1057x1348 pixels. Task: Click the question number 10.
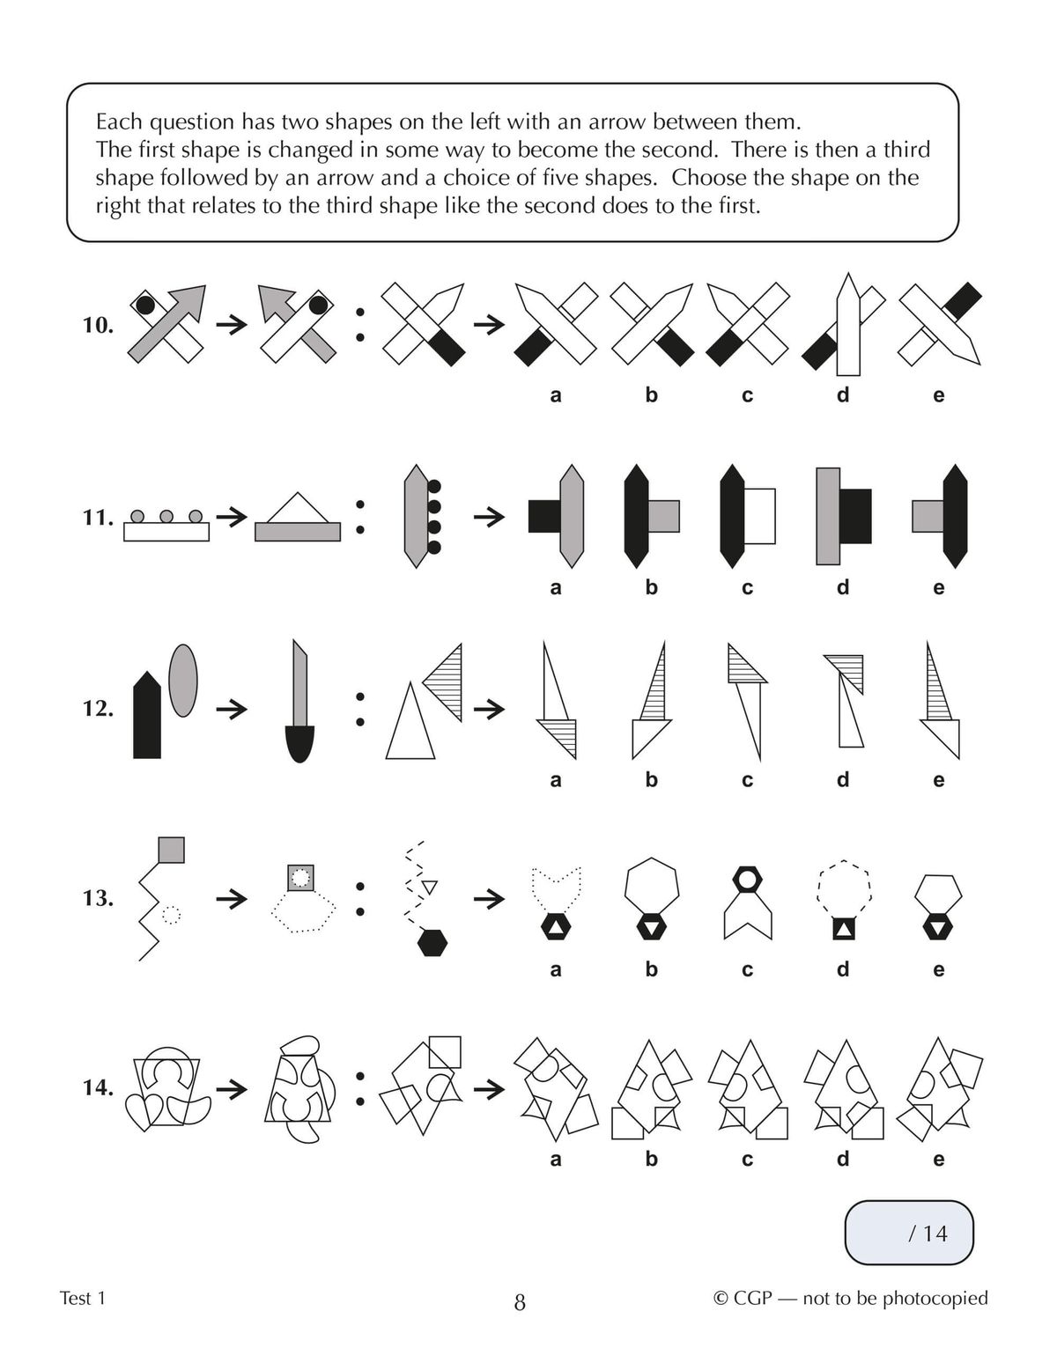[x=98, y=325]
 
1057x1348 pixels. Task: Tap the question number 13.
[x=98, y=898]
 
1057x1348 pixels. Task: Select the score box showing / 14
[x=909, y=1233]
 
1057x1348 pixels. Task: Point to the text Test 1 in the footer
[x=83, y=1298]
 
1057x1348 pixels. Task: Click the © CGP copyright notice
[x=850, y=1298]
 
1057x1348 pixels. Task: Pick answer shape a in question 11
[x=556, y=516]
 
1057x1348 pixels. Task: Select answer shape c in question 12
[x=747, y=700]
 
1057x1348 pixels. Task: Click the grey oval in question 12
[x=182, y=680]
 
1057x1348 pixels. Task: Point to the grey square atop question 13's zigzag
[x=171, y=850]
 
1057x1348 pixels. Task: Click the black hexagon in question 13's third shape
[x=432, y=943]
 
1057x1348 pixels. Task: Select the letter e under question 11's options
[x=938, y=587]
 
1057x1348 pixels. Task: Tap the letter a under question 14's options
[x=556, y=1159]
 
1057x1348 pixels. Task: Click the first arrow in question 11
[x=232, y=517]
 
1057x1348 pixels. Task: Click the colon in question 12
[x=359, y=709]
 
